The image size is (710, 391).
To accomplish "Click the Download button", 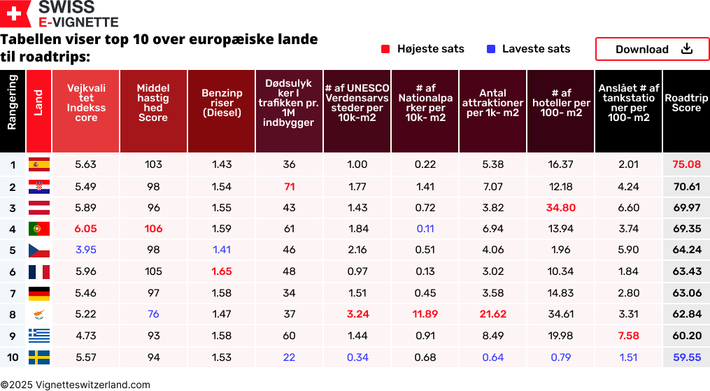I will click(652, 49).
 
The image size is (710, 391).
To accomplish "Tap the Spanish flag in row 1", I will click(38, 165).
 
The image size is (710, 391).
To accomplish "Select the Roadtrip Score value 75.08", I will click(686, 164).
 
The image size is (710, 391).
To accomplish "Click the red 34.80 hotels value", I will click(561, 208).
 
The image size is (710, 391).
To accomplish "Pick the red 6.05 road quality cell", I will click(85, 229).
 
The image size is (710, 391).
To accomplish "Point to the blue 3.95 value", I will click(85, 250).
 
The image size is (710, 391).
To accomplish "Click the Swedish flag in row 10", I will click(38, 357).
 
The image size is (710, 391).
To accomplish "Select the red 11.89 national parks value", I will click(425, 314).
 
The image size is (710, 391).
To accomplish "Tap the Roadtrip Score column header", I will click(686, 104).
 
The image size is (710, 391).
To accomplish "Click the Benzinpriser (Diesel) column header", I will click(222, 103).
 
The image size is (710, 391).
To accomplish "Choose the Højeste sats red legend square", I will click(385, 49).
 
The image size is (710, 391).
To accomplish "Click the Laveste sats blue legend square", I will click(491, 49).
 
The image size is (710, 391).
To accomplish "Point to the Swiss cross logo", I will click(15, 13).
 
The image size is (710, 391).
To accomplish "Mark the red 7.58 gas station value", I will click(628, 336).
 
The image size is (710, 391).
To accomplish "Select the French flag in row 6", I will click(38, 272).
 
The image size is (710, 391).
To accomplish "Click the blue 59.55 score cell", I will click(686, 357).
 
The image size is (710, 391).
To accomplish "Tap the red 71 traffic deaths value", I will click(290, 187).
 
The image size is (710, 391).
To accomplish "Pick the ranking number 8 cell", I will click(13, 315).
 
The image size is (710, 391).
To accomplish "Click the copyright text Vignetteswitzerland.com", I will click(76, 385).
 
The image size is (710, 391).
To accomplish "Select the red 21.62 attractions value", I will click(493, 314).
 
